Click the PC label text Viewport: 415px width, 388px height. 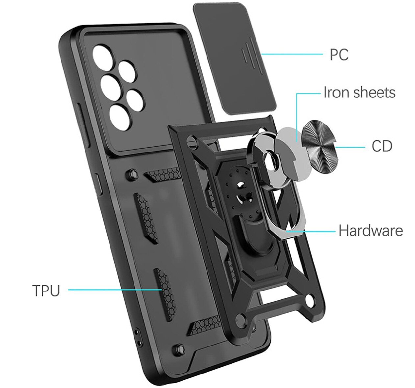[339, 55]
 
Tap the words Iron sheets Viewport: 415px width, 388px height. [359, 93]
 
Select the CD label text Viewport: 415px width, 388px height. [382, 146]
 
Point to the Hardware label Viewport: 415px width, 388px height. [370, 231]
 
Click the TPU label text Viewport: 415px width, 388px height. [46, 290]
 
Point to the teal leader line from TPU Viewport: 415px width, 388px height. [115, 290]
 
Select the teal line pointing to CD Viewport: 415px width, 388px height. [350, 146]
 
